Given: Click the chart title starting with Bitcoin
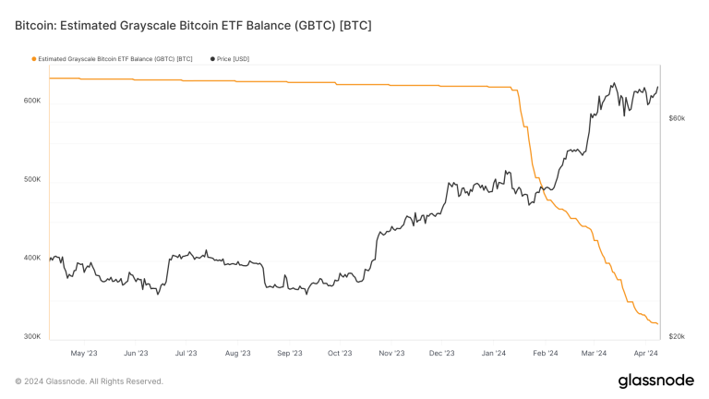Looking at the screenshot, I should tap(193, 25).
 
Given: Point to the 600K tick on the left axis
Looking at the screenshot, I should tap(31, 101).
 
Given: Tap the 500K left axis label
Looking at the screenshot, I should tap(31, 179).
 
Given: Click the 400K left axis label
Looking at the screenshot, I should tap(31, 258).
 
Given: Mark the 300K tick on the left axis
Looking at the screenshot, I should tap(31, 336).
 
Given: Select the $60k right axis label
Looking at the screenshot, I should tap(676, 118).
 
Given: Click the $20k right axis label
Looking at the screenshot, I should tap(676, 336).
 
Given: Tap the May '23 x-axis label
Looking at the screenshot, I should tap(84, 352).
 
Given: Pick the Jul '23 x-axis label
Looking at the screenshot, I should tap(186, 352).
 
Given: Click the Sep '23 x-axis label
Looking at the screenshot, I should tap(289, 352).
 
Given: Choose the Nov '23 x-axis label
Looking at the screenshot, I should tap(391, 352).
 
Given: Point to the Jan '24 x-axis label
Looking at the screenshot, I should tap(494, 352).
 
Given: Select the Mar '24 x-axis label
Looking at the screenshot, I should tap(594, 352).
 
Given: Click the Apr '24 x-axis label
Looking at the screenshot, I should tap(644, 352).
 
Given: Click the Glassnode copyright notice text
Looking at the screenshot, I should tap(89, 381).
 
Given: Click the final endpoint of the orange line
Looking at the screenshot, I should tap(657, 324).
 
